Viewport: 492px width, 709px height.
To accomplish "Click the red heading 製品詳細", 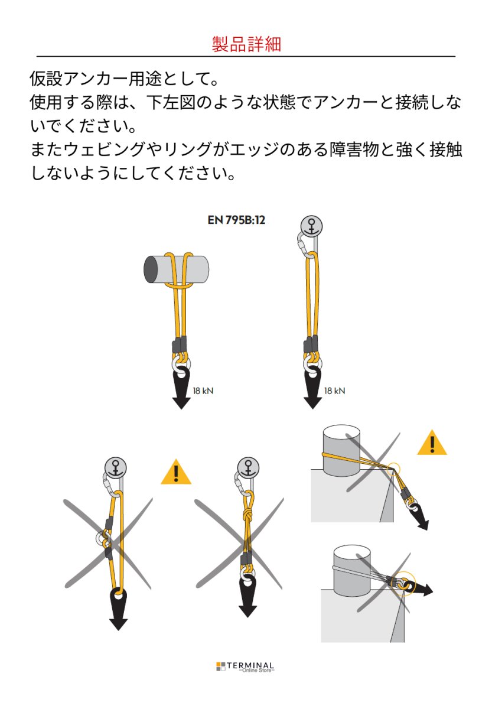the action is (246, 44).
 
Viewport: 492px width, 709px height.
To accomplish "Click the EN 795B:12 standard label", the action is (236, 220).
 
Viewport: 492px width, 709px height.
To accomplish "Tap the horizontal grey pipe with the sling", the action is (176, 269).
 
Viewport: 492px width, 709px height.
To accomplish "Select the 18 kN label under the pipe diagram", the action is (203, 391).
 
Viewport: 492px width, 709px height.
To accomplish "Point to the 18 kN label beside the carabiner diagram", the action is (334, 391).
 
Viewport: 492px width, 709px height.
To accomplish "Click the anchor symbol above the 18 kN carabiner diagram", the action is (312, 226).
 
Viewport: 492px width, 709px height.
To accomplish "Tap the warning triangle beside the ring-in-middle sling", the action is (176, 472).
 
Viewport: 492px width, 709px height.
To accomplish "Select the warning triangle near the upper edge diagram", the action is (432, 443).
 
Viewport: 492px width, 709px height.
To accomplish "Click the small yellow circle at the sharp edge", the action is (393, 469).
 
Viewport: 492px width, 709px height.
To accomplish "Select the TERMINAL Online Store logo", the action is (245, 666).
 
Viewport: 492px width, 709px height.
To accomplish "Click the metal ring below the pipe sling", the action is (181, 365).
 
